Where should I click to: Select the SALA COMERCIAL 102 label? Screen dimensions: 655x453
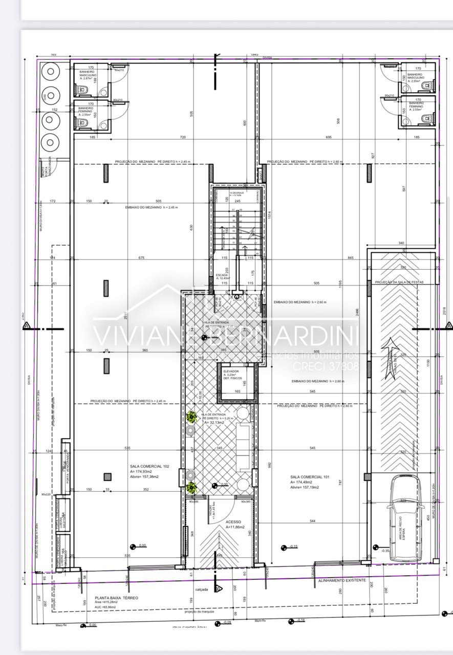(x=149, y=467)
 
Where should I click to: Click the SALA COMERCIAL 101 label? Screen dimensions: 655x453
(x=310, y=476)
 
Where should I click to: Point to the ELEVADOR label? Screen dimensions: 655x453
(x=231, y=372)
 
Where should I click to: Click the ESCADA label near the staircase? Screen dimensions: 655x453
(x=222, y=275)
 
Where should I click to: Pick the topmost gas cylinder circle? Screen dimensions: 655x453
(x=50, y=72)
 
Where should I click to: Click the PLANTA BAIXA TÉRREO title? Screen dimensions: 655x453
(x=116, y=598)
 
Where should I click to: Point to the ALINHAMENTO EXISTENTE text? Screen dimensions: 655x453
(x=342, y=580)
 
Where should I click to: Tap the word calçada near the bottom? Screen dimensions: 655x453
(x=202, y=589)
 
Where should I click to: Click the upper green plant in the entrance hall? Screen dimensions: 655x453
(x=191, y=417)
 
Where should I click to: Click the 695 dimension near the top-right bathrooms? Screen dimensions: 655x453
(x=329, y=137)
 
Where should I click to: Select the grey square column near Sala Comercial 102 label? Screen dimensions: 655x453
(x=107, y=477)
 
